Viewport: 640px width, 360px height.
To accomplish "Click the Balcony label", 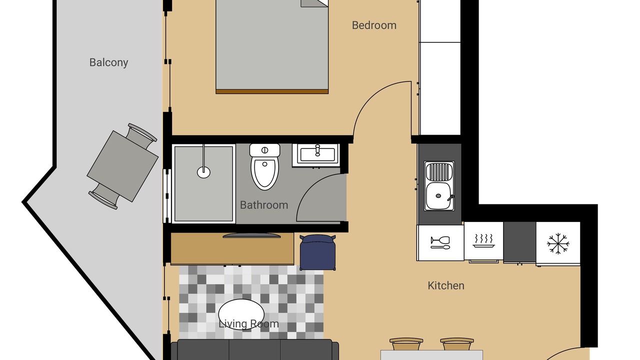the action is [108, 62].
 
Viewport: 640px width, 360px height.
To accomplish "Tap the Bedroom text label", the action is [374, 25].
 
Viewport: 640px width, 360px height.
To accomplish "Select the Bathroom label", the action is [264, 205].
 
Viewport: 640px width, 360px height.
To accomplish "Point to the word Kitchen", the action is [445, 285].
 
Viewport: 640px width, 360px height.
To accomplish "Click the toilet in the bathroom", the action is [264, 166].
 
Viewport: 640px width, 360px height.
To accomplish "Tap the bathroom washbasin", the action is [316, 154].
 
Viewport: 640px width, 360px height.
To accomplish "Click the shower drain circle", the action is [203, 172].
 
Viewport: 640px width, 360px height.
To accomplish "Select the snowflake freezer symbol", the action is [558, 243].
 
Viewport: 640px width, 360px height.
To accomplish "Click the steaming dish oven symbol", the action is [483, 241].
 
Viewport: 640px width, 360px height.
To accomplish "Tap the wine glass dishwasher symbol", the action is [440, 242].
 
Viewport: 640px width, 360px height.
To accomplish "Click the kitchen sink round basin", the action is [438, 195].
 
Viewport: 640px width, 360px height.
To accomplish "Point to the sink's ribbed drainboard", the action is [439, 171].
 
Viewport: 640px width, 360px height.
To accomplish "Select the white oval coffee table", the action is [241, 314].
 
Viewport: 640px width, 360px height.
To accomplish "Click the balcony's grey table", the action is [122, 166].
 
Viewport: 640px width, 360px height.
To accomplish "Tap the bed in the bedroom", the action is [272, 46].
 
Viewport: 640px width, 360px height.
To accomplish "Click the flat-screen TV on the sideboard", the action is [251, 235].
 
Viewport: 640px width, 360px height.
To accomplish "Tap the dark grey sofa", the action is [255, 349].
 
